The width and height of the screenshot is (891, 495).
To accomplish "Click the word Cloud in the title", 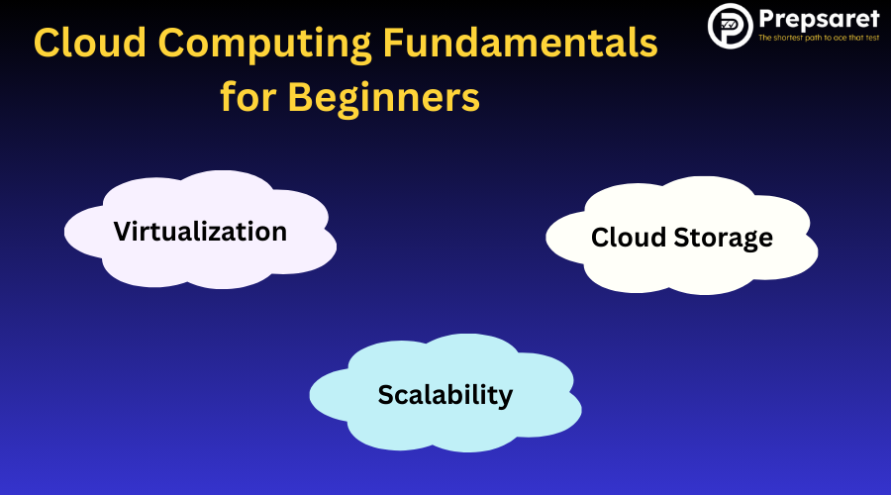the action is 90,43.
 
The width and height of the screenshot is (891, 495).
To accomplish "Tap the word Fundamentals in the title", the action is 521,43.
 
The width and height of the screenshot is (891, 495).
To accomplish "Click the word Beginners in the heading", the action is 383,99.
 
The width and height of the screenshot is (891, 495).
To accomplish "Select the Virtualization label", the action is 200,232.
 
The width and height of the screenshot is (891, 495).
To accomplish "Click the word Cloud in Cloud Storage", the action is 628,237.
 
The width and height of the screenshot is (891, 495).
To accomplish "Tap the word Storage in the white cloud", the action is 723,239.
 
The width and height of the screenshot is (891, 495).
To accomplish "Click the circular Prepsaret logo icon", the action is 731,26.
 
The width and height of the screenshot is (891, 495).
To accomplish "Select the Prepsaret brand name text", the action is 819,21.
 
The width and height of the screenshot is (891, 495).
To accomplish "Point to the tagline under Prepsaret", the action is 819,38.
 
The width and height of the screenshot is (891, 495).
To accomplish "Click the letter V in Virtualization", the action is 124,232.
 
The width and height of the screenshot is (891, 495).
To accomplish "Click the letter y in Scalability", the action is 505,398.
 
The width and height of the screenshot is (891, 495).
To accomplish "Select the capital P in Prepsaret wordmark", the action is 768,20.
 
